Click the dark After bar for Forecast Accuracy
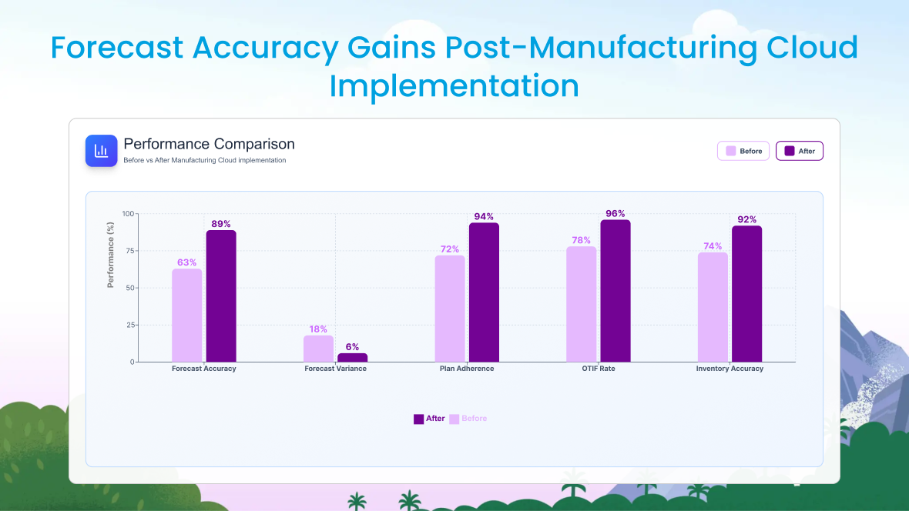coord(221,296)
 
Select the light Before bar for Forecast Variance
coord(318,349)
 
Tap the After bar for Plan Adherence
coord(484,292)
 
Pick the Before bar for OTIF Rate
coord(581,304)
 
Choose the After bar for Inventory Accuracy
coord(746,293)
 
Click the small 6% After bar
coord(352,357)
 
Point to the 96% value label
coord(616,214)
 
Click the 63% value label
coord(187,262)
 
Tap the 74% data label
coord(713,246)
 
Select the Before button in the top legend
coord(743,151)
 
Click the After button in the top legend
coord(800,151)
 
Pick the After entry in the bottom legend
coord(429,419)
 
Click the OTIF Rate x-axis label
coord(599,369)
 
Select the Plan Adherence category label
coord(467,369)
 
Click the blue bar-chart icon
coord(101,151)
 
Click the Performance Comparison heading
coord(209,144)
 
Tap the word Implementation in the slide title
coord(454,85)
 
